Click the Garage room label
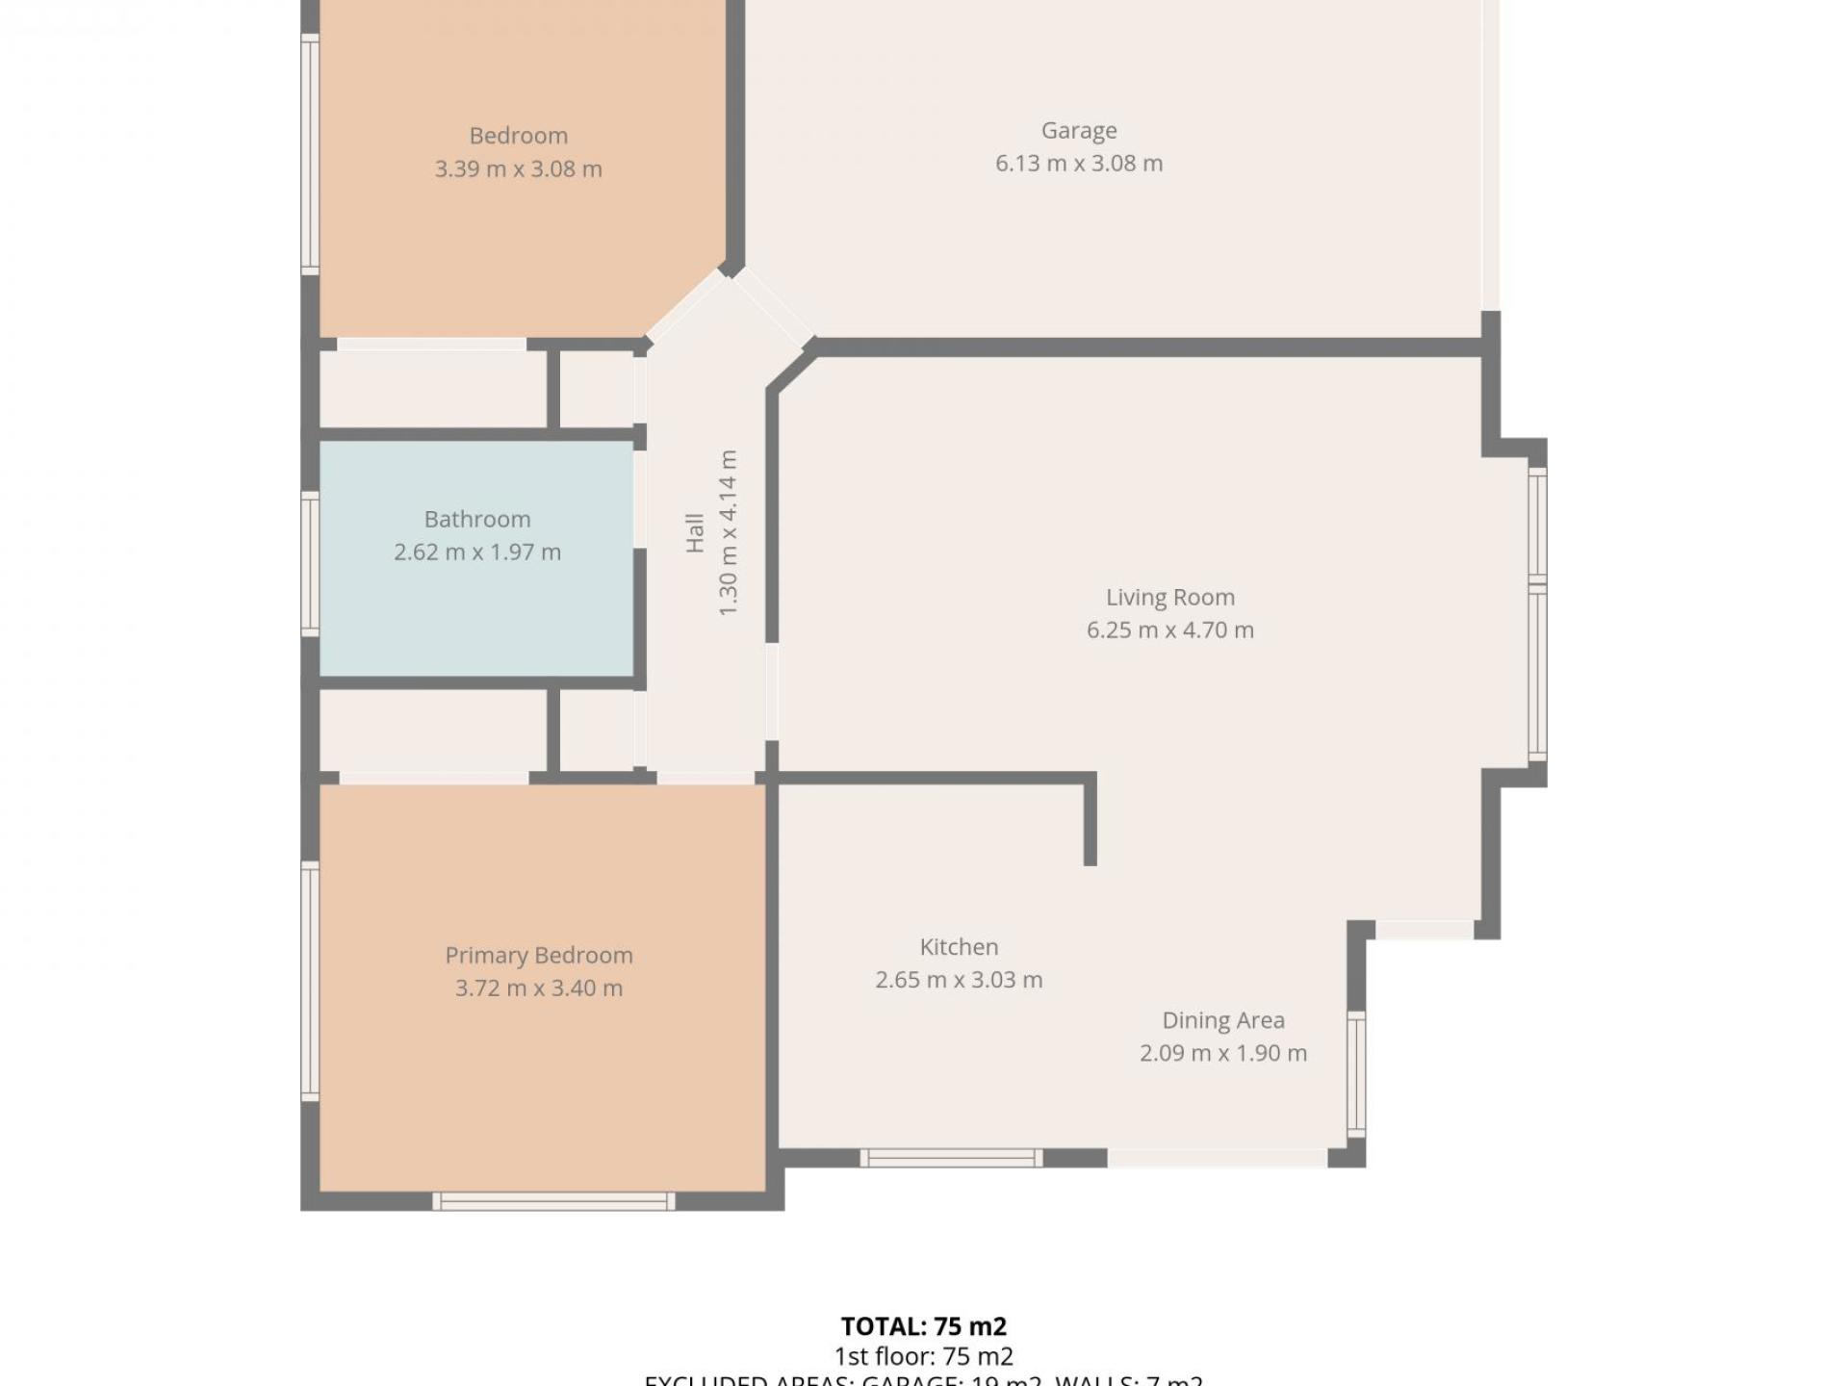1079,130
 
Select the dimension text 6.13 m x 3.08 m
1079,164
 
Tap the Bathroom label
477,519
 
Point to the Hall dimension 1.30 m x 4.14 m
728,532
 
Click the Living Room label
1169,597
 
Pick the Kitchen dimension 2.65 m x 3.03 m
959,980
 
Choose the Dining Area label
1222,1020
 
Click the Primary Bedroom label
538,955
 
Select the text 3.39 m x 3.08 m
518,169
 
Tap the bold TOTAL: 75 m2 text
923,1326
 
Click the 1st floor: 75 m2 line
923,1357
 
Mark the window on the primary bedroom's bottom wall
553,1200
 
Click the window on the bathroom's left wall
310,564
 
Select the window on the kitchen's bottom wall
951,1158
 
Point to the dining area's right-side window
1355,1074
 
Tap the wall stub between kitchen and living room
1091,820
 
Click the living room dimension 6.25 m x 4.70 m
1169,630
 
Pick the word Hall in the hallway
694,532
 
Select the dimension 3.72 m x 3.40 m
538,988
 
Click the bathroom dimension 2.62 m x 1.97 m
477,552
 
